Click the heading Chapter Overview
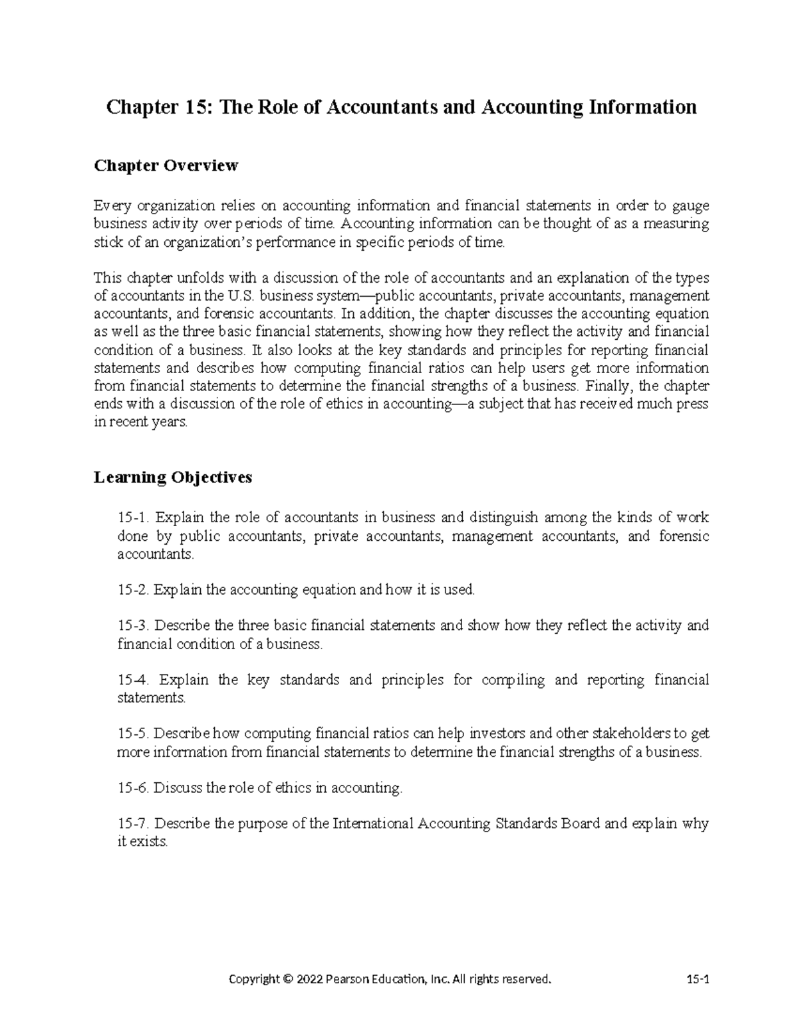pyautogui.click(x=166, y=166)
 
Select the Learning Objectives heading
pyautogui.click(x=173, y=477)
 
